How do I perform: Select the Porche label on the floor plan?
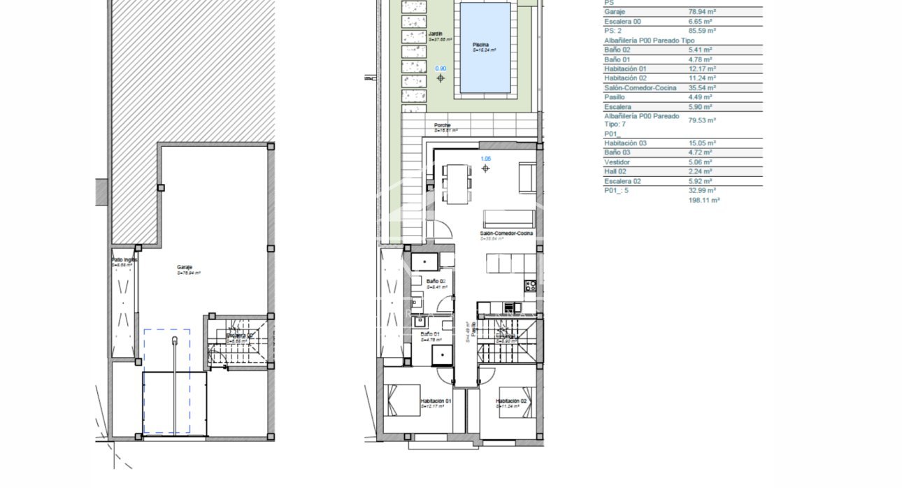[x=443, y=125]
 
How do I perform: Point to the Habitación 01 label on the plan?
[x=436, y=401]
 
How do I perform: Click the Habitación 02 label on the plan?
[x=510, y=401]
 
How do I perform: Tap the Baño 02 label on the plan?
[x=435, y=281]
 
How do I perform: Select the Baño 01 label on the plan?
[x=430, y=334]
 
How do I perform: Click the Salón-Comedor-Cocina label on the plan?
[x=507, y=233]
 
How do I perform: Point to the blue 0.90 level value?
[x=441, y=69]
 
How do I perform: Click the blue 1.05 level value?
[x=485, y=159]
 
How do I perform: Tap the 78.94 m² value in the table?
[x=701, y=12]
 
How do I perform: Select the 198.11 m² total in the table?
[x=704, y=200]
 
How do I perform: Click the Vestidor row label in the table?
[x=617, y=162]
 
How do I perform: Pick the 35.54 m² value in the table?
[x=701, y=88]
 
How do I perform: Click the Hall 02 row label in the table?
[x=616, y=171]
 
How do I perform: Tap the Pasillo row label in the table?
[x=614, y=97]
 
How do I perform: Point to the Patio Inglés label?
[x=124, y=260]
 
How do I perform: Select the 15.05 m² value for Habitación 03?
[x=701, y=143]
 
